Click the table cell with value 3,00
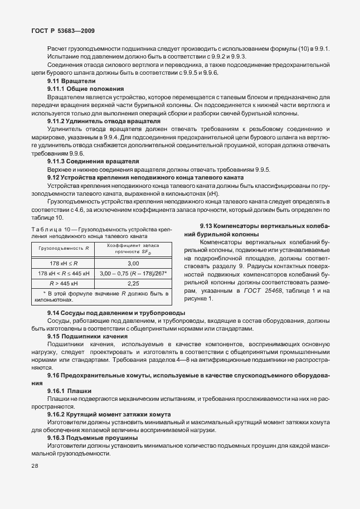point(133,263)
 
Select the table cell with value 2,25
point(133,283)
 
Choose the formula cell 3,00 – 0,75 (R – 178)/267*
point(134,273)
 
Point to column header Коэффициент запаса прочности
point(133,248)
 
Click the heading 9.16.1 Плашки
point(70,391)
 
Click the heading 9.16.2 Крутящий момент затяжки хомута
point(109,415)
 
